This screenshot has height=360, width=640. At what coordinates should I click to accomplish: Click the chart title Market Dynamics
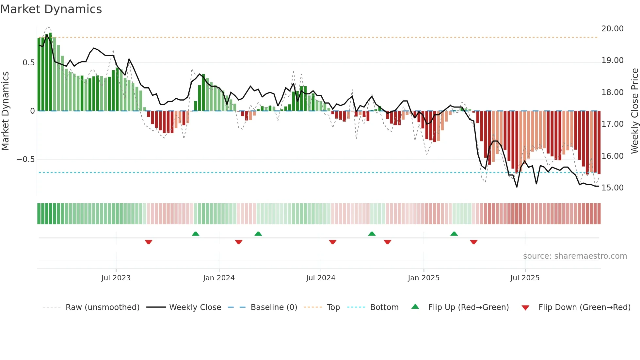[51, 9]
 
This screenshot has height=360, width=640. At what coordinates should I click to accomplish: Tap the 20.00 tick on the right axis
[612, 29]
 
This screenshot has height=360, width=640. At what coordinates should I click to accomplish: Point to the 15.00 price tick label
[612, 188]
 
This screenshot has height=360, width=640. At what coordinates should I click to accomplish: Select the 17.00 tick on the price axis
[612, 124]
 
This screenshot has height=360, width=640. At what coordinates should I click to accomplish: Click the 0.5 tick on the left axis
[28, 63]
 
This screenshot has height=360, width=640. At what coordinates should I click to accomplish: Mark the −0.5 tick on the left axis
[25, 159]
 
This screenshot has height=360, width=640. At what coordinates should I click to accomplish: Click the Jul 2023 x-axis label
[116, 278]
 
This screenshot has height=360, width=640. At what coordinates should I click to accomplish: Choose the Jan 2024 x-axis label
[219, 278]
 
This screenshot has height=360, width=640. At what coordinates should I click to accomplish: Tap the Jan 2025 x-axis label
[424, 278]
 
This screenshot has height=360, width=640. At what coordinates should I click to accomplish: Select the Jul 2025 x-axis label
[525, 278]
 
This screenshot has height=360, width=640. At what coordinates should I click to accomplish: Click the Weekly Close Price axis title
[634, 111]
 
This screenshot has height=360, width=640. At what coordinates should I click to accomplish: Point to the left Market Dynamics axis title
[5, 111]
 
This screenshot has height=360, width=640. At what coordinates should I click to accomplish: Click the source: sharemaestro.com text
[575, 256]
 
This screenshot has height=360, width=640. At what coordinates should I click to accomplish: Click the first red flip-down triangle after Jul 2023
[149, 242]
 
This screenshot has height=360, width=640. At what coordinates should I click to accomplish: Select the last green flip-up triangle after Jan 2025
[454, 234]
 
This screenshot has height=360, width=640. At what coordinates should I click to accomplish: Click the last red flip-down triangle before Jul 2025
[474, 242]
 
